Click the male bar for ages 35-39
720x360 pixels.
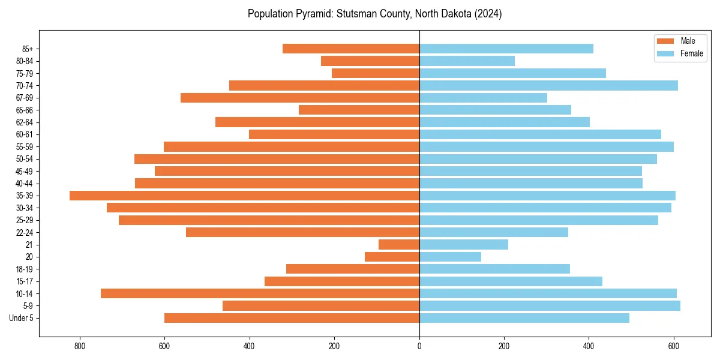point(244,196)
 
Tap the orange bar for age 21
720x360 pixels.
point(399,245)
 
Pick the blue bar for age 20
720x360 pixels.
point(450,257)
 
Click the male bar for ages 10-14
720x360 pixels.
point(260,293)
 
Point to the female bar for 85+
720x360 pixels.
point(506,49)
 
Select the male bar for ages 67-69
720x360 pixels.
point(300,98)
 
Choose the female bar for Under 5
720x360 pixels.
point(524,318)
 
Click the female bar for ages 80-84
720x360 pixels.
point(467,61)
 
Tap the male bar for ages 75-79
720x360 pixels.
point(376,73)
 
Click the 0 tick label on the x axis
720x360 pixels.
point(419,346)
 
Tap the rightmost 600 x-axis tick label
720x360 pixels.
point(674,346)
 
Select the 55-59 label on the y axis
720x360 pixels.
point(25,147)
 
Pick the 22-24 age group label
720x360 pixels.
point(25,233)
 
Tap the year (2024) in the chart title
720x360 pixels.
point(487,14)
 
